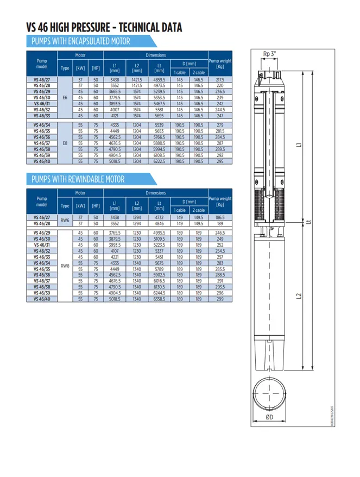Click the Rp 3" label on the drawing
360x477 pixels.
269,53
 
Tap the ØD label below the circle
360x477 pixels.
269,418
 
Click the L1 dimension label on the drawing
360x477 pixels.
299,146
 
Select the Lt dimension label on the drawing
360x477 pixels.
308,222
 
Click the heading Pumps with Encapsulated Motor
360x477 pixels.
81,41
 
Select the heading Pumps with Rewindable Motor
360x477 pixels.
78,179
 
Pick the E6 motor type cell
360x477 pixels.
65,98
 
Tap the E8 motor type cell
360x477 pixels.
65,143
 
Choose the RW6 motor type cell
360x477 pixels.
65,219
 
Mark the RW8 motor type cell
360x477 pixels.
65,266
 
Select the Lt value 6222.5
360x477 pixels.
159,161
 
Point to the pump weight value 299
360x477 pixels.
220,299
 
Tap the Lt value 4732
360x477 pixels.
159,217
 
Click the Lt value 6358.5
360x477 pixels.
159,299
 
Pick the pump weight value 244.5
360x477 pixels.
220,109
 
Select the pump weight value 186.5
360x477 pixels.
220,217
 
